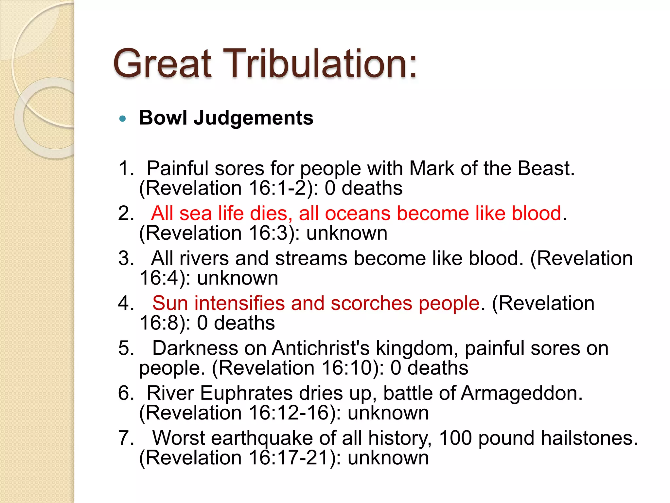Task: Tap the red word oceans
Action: (x=358, y=214)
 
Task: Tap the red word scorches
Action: (x=371, y=303)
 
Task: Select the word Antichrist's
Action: (x=321, y=348)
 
